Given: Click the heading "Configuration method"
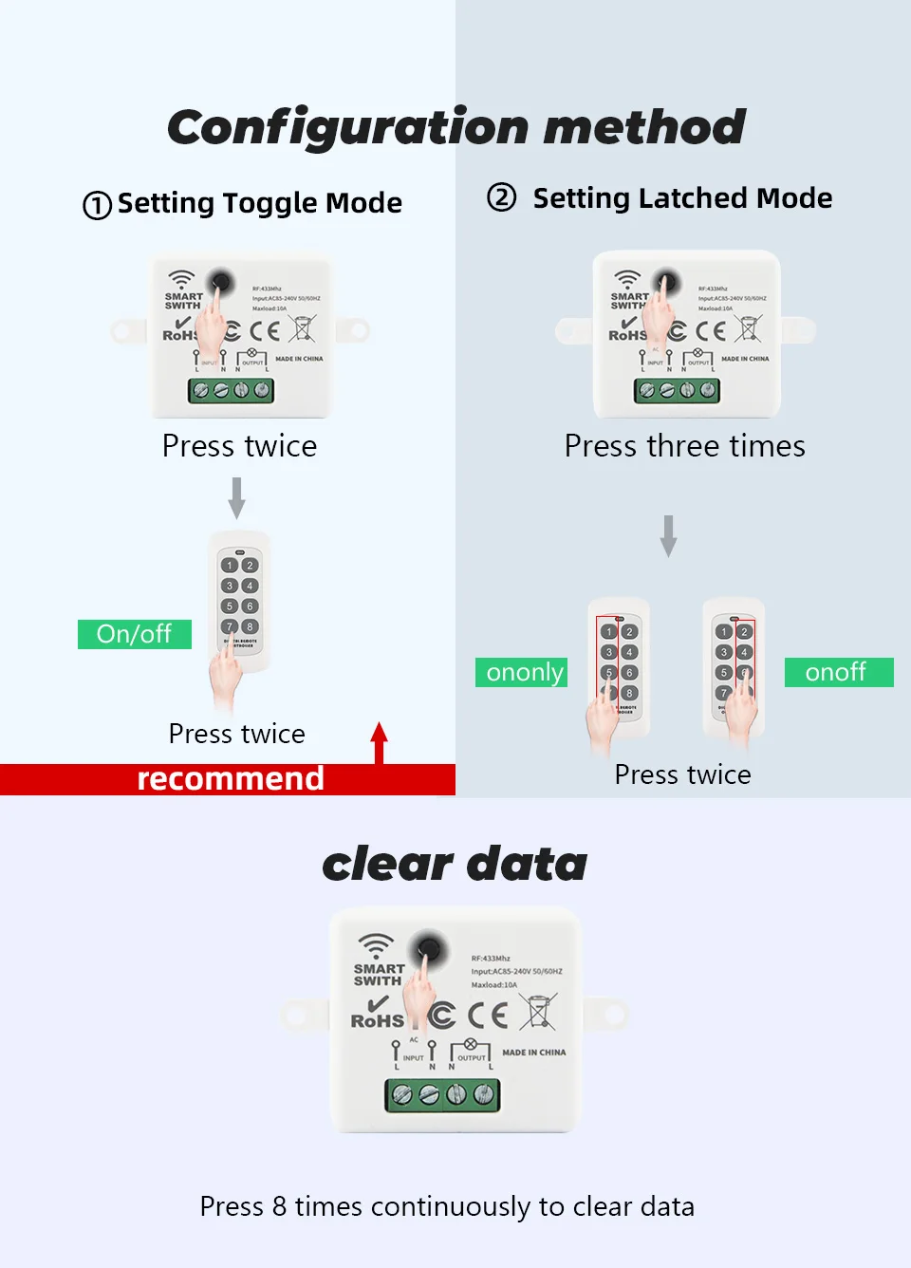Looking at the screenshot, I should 455,127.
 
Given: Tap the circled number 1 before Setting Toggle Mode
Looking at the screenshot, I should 97,205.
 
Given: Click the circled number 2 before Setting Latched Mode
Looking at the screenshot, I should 501,197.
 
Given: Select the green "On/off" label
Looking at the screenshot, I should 134,634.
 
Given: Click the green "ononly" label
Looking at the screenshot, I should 522,672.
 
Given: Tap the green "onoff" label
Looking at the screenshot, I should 838,672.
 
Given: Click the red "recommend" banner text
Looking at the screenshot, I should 231,779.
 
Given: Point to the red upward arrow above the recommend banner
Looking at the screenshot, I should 380,741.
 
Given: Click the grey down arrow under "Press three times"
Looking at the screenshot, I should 669,535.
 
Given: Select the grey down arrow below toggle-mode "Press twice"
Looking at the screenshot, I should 237,497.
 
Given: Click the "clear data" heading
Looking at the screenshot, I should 455,864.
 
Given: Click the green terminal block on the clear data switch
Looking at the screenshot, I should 442,1095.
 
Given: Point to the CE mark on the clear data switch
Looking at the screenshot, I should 488,1016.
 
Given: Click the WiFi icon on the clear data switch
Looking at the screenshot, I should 376,945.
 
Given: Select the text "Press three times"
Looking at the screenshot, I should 684,446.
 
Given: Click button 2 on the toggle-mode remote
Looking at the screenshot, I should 250,566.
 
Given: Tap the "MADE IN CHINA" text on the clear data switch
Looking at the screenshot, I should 533,1053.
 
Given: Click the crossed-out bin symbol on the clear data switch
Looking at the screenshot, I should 538,1012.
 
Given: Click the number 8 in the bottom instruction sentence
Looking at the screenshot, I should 279,1206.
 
